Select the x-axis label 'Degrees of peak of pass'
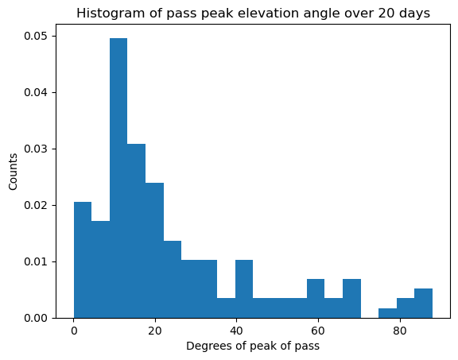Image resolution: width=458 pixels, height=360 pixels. click(x=253, y=346)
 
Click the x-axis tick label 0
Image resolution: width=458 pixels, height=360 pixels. click(x=74, y=330)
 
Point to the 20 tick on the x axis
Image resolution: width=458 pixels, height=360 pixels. click(x=155, y=330)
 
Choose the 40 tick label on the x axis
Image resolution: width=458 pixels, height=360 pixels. click(x=236, y=330)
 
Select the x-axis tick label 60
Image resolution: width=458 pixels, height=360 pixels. click(x=318, y=330)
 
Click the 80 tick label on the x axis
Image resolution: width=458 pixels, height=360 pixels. click(x=399, y=330)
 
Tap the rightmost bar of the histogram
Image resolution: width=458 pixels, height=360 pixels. click(x=423, y=304)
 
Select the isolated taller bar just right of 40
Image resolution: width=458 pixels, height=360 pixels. click(x=244, y=289)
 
